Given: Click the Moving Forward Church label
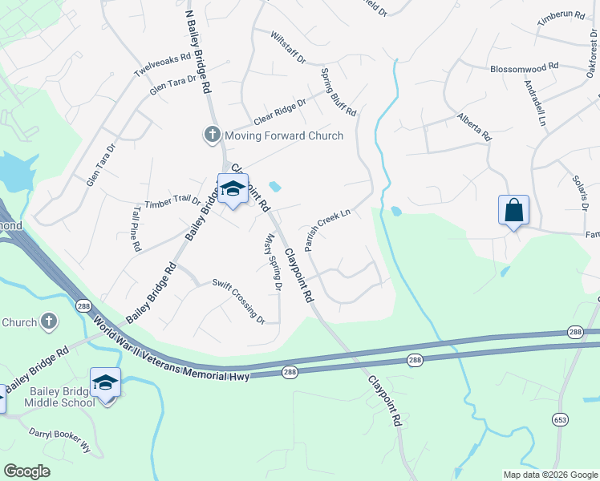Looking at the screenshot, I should point(284,135).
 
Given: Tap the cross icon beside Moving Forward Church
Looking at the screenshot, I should point(213,135).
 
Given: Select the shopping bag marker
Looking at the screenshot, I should point(514,211).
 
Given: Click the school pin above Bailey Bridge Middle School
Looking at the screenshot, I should point(105,382).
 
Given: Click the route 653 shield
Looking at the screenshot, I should point(561,418).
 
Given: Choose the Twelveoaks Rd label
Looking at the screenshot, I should point(163,65).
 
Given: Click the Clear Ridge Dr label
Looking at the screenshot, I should point(277,111).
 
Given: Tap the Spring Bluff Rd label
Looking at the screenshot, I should point(339,91).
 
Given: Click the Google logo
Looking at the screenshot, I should point(27,471).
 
